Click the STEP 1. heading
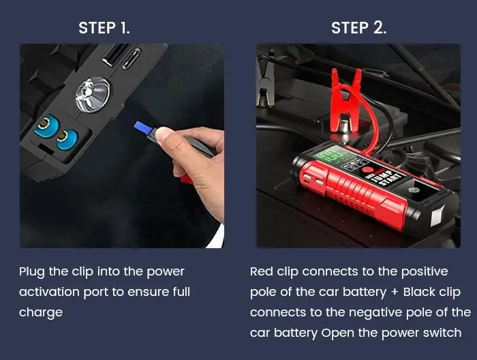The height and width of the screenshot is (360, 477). pos(104,28)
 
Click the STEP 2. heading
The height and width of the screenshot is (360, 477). pos(358,28)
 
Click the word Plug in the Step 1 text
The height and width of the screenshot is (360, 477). pos(32,271)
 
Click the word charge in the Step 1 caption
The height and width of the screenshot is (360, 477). pos(40,312)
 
